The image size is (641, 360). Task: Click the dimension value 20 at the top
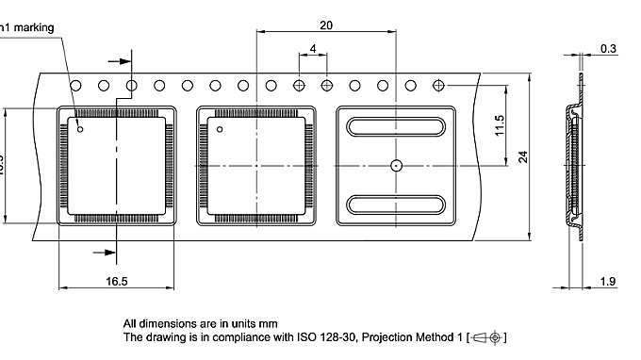[x=325, y=25]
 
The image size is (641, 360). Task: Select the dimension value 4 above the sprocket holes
[x=312, y=48]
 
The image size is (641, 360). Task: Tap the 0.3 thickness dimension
[x=609, y=48]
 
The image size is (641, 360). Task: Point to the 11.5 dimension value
[x=501, y=124]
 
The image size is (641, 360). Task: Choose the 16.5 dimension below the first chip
[x=117, y=281]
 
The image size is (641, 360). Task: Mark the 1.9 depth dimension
[x=609, y=281]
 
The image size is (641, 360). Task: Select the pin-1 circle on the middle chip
[x=220, y=128]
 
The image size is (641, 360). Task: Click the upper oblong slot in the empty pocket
[x=396, y=127]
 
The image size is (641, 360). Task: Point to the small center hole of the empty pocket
[x=396, y=165]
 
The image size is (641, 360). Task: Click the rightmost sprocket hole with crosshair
[x=438, y=86]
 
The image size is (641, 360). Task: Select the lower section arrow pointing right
[x=105, y=252]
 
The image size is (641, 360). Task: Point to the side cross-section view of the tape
[x=573, y=165]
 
